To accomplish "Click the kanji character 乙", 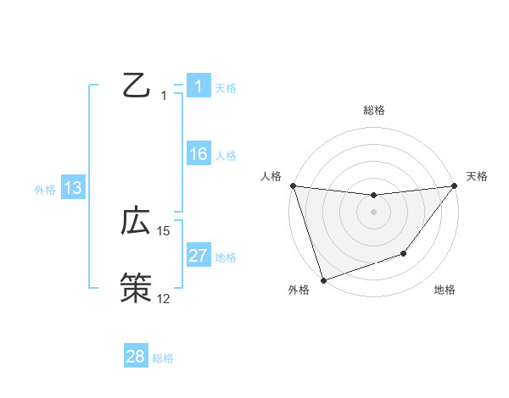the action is tap(137, 86).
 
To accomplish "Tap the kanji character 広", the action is tap(137, 222).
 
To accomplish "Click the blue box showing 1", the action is tap(198, 86).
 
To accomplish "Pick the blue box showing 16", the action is tap(198, 154).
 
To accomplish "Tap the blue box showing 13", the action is tap(73, 188).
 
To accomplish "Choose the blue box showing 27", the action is tap(198, 256).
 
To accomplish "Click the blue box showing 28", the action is tap(136, 357).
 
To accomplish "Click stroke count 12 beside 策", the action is tap(164, 298).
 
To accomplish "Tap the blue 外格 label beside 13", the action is tap(45, 190).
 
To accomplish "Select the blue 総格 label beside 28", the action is tap(163, 358).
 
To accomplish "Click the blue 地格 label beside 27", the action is tap(226, 257).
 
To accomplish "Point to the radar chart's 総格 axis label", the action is tap(373, 110).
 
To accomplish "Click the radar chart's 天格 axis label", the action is tap(478, 176).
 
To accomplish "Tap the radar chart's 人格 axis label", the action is tap(271, 176).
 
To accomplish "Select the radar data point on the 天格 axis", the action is tap(454, 185).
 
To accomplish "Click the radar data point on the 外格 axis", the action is tap(323, 279).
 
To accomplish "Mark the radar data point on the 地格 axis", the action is tap(405, 253).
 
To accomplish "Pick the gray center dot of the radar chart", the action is tap(373, 212).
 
